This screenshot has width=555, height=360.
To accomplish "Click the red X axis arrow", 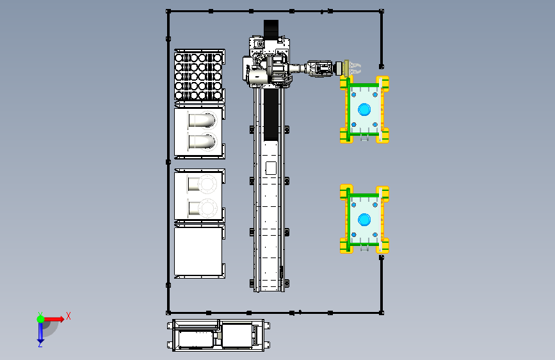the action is tap(53, 319).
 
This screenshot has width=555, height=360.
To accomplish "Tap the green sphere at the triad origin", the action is tap(40, 319).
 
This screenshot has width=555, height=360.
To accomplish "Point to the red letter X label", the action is tap(68, 316).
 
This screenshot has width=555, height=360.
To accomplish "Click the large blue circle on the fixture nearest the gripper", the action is tap(364, 110).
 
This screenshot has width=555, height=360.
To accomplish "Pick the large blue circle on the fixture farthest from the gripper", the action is tap(364, 220).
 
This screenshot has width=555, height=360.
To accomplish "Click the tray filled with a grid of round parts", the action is tap(200, 76).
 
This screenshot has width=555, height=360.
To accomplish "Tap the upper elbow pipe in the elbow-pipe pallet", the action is tap(202, 120).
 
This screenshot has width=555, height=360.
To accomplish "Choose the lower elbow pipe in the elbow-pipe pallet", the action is tap(202, 142).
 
